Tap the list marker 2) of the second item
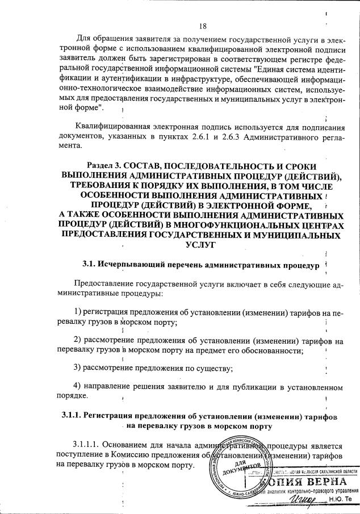click(x=78, y=341)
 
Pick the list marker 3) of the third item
click(x=78, y=368)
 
